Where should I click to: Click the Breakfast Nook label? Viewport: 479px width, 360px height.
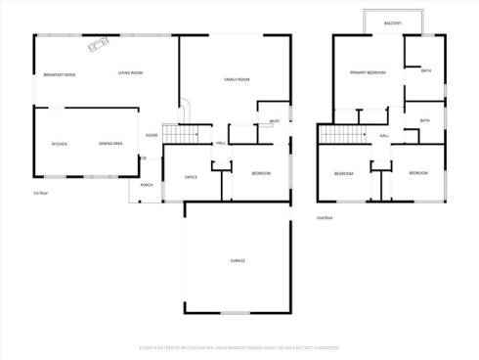(61, 74)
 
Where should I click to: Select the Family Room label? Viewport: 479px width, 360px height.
(237, 78)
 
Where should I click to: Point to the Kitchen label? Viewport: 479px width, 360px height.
(60, 144)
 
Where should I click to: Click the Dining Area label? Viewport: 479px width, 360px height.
(110, 144)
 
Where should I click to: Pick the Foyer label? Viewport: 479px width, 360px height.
(152, 135)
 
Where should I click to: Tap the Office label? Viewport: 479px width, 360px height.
(192, 176)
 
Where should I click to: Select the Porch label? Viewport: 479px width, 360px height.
(147, 185)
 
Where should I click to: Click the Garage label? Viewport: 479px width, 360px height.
(238, 260)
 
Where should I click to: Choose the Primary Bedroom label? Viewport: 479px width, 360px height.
(369, 72)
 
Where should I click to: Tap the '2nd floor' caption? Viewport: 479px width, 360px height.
(325, 217)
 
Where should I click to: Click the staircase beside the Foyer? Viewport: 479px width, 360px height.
(172, 134)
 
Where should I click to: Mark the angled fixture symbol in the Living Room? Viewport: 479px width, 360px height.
(99, 45)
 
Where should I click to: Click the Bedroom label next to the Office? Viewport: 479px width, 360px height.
(261, 173)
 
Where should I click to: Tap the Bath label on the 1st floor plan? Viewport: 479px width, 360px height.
(274, 121)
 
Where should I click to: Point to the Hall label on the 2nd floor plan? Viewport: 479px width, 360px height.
(384, 136)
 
